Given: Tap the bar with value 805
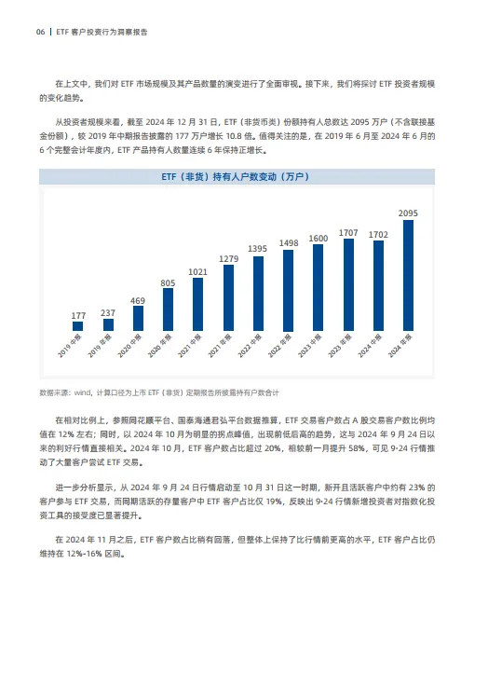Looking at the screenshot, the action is click(x=168, y=309).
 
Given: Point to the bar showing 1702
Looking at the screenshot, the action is click(x=378, y=285).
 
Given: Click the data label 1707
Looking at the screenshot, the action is click(x=348, y=231).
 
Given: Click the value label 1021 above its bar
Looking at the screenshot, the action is click(x=198, y=271).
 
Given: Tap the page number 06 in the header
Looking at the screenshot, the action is click(x=40, y=31).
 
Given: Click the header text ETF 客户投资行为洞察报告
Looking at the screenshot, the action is click(x=103, y=31).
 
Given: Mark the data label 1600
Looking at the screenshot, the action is click(x=318, y=238).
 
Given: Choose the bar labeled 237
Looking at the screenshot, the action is click(x=108, y=324).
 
